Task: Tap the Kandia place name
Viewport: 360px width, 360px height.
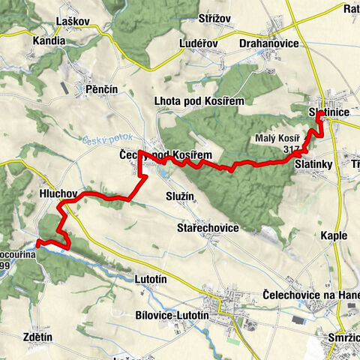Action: tap(49, 43)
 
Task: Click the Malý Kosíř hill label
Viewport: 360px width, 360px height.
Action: tap(277, 139)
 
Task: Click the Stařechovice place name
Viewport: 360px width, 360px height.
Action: tap(208, 227)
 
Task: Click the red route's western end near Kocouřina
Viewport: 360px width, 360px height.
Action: tap(37, 241)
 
